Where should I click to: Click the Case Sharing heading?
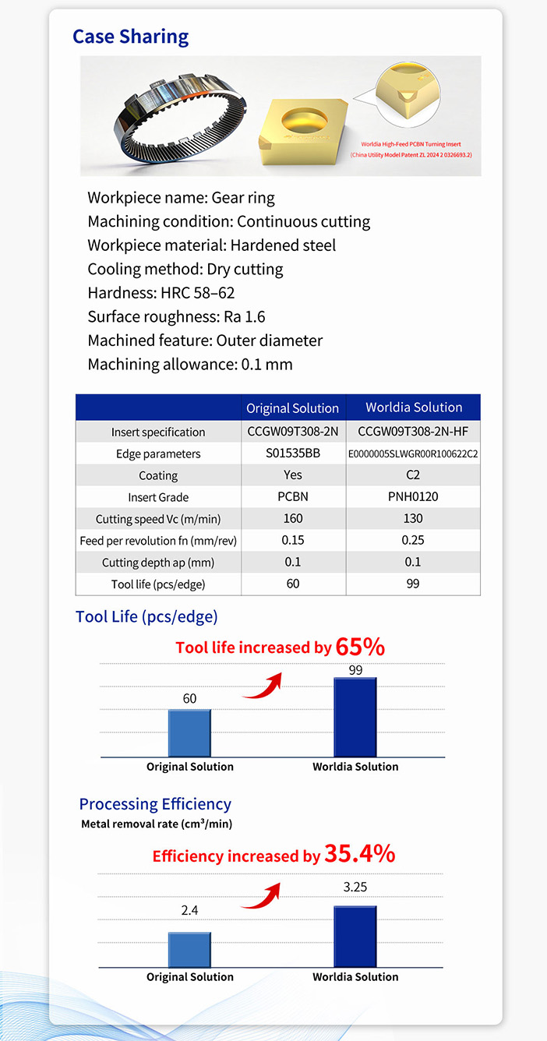[130, 37]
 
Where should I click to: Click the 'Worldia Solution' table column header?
[414, 408]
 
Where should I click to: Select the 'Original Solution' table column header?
[292, 408]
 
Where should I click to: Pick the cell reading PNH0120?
[413, 497]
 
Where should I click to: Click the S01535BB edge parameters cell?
[292, 453]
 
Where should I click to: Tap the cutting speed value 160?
[292, 519]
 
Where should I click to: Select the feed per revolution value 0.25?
[413, 540]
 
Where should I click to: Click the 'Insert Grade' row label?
[158, 497]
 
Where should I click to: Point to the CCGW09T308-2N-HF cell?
[413, 432]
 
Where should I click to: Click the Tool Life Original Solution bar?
[189, 733]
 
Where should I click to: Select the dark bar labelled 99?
[355, 717]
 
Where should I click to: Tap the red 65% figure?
[360, 647]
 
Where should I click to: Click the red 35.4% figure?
[359, 854]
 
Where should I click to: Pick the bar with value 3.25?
[355, 937]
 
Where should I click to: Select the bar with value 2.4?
[189, 950]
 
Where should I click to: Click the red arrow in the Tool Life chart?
[262, 685]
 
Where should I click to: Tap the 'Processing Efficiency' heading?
[155, 804]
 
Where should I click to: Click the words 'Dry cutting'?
[245, 270]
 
